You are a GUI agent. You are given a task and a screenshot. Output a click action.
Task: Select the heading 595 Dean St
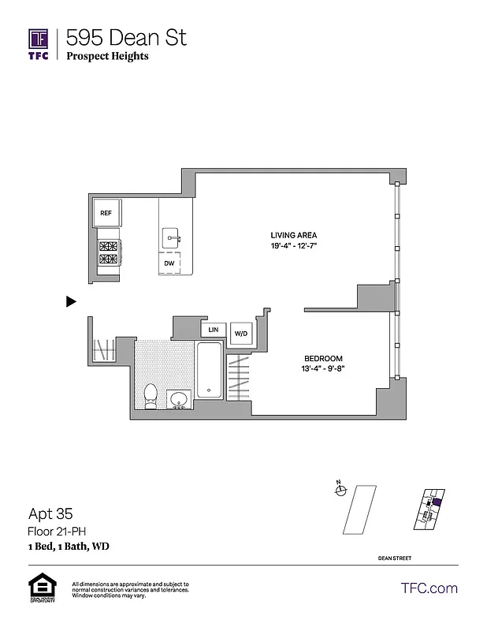(126, 37)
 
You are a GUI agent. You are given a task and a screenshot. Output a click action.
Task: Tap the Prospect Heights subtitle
(107, 56)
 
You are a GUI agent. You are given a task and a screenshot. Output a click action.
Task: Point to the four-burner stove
(107, 252)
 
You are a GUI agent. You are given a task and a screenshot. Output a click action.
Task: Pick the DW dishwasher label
(169, 263)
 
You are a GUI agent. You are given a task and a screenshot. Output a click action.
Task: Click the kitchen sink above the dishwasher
(172, 237)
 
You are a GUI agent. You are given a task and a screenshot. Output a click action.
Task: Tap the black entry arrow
(71, 301)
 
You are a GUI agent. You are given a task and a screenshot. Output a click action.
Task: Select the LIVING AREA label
(294, 235)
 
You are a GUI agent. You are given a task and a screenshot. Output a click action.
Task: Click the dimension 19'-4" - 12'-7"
(294, 246)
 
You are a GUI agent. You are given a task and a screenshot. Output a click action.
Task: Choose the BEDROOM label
(324, 357)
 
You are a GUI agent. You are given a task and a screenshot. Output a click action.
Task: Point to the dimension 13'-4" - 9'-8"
(324, 368)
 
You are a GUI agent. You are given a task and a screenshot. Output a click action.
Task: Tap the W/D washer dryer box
(240, 334)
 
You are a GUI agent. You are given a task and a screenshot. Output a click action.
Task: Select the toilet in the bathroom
(152, 395)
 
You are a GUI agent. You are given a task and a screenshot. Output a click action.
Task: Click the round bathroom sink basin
(180, 399)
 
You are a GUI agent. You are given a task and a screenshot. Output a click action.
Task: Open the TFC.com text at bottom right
(429, 588)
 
